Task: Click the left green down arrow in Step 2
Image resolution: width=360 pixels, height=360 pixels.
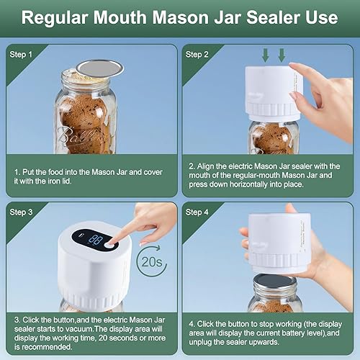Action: [266, 55]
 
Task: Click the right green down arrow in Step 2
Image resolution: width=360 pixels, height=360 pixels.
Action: [282, 55]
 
